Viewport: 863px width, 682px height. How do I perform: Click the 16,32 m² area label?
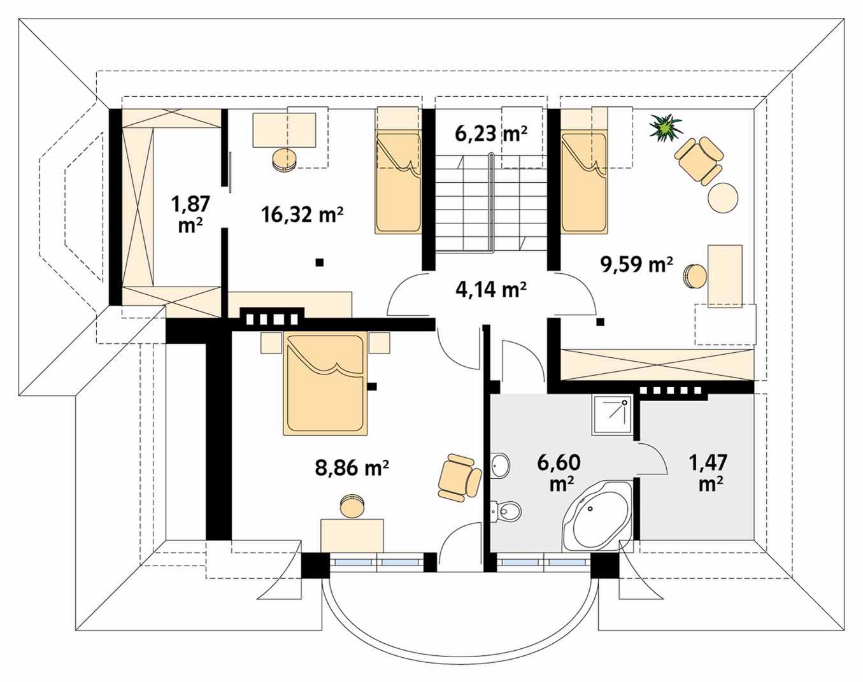302,215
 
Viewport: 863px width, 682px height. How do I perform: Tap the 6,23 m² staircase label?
491,133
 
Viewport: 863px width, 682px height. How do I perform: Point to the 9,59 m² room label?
636,264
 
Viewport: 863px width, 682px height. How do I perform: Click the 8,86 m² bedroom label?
352,467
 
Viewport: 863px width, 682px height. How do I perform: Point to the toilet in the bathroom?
506,511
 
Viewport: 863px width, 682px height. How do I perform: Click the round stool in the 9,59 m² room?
695,276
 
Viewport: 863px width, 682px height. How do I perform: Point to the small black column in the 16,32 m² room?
320,262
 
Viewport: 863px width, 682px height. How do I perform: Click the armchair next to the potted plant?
700,160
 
